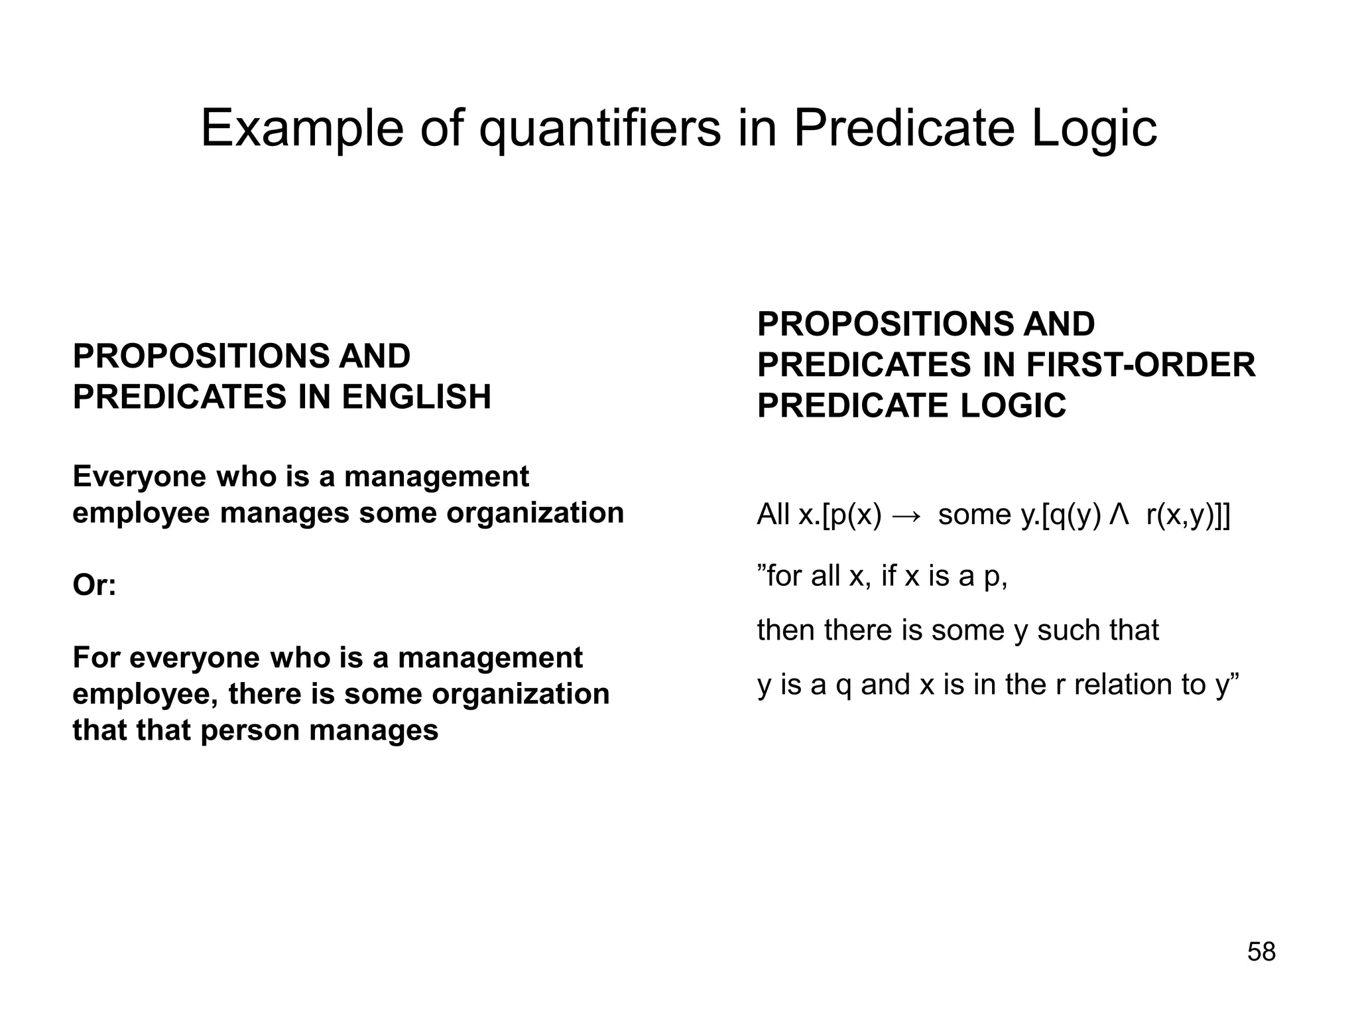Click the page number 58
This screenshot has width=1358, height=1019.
[1261, 952]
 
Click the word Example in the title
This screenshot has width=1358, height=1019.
[302, 128]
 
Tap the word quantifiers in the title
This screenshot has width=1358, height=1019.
[599, 128]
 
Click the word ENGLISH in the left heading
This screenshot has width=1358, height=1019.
[416, 397]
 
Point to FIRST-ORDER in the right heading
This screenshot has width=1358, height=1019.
[1141, 365]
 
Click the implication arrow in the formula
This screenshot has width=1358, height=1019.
[906, 515]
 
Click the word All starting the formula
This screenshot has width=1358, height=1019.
[773, 515]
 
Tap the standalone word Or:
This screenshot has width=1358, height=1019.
[94, 585]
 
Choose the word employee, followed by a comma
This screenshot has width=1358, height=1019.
[146, 695]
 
